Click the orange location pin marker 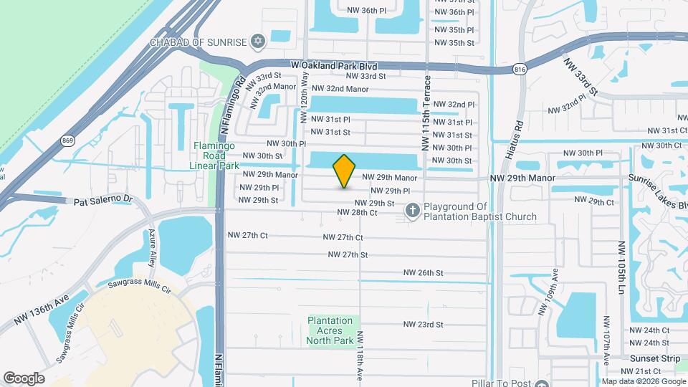coord(345,171)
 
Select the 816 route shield coord(520,69)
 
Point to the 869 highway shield coord(67,140)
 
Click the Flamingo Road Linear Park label coord(214,156)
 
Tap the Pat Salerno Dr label coord(104,201)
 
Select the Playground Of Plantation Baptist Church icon coord(412,211)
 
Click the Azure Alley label coord(152,246)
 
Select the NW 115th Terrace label coord(426,113)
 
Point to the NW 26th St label coord(423,272)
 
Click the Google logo coord(24,378)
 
